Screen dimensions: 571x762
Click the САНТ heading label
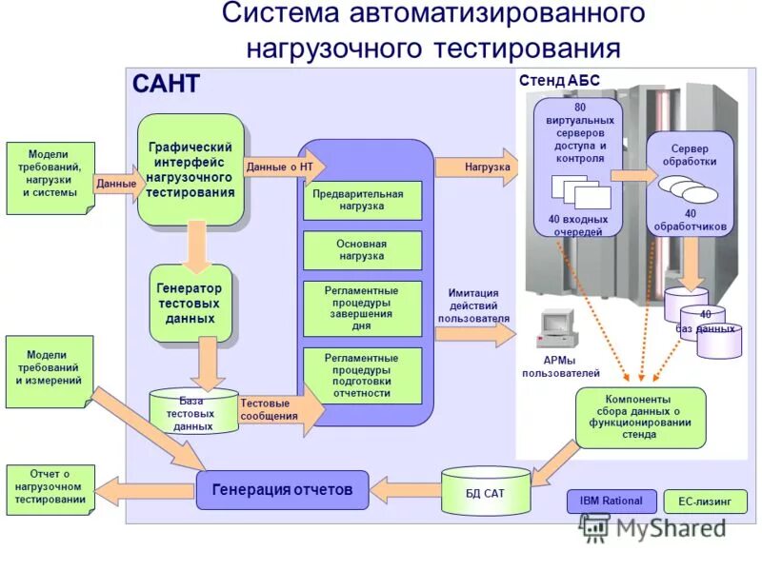pyautogui.click(x=166, y=85)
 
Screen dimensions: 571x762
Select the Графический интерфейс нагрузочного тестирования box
pyautogui.click(x=190, y=169)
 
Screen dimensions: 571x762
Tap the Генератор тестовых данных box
pyautogui.click(x=190, y=303)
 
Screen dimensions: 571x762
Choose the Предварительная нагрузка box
pyautogui.click(x=362, y=200)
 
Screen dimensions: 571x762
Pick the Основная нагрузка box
pyautogui.click(x=362, y=250)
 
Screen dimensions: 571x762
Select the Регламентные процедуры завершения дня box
pyautogui.click(x=362, y=308)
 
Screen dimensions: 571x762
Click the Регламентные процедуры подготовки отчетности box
pyautogui.click(x=362, y=376)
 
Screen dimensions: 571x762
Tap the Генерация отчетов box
pyautogui.click(x=282, y=490)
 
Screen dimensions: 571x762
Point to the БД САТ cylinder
pyautogui.click(x=485, y=490)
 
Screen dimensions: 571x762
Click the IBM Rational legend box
pyautogui.click(x=611, y=502)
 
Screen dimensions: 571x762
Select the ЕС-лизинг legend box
pyautogui.click(x=705, y=502)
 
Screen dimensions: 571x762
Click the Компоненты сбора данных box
pyautogui.click(x=640, y=417)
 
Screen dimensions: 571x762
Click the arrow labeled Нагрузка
pyautogui.click(x=473, y=167)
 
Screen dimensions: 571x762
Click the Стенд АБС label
pyautogui.click(x=558, y=82)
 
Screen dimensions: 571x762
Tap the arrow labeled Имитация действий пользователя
pyautogui.click(x=474, y=333)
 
